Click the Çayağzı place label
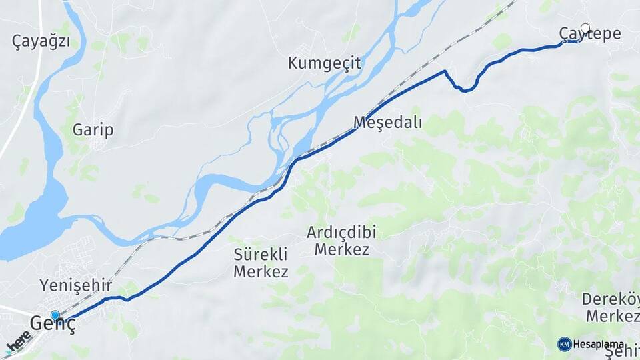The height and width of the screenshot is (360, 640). click(x=41, y=41)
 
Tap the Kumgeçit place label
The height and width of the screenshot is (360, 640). click(x=325, y=63)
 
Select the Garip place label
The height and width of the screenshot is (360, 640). click(x=93, y=129)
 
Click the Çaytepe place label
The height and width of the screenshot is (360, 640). click(x=590, y=34)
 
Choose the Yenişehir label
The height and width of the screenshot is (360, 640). click(x=75, y=285)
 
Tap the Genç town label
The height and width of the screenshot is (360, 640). click(x=53, y=323)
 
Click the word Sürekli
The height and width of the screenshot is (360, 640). click(x=261, y=254)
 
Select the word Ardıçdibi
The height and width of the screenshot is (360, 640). click(x=341, y=233)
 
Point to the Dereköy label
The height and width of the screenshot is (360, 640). click(x=611, y=299)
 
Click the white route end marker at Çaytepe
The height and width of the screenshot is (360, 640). click(x=585, y=28)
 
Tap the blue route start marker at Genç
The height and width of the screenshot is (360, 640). click(x=55, y=315)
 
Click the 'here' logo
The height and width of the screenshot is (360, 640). click(x=19, y=343)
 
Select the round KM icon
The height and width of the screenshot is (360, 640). click(x=564, y=344)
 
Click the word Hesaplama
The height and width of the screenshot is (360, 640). click(x=598, y=345)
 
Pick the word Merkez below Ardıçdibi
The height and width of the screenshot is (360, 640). click(x=341, y=250)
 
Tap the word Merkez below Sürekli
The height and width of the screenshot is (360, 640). click(x=261, y=271)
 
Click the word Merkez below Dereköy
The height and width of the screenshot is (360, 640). click(x=612, y=316)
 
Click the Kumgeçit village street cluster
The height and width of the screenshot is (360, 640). click(x=303, y=51)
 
